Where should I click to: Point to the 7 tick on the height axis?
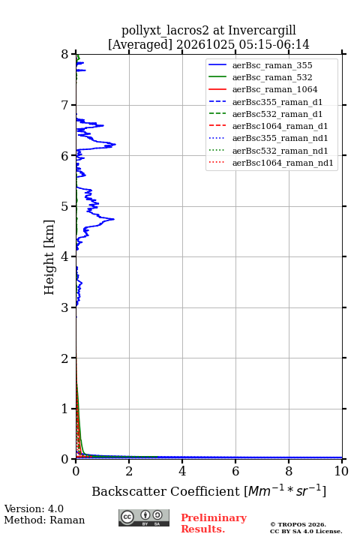[x=73, y=105]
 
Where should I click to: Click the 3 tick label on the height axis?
[x=64, y=307]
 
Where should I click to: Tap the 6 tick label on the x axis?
[x=235, y=471]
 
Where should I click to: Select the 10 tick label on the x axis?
[x=341, y=471]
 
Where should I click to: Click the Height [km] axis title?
[x=49, y=257]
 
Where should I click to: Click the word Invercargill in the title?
[x=262, y=30]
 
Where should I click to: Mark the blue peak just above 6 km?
[x=115, y=144]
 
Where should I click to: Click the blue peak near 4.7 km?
[x=114, y=219]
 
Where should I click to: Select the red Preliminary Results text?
[x=214, y=523]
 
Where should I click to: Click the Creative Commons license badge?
[x=144, y=517]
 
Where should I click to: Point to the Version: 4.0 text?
[x=34, y=508]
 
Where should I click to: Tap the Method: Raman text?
[x=44, y=520]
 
